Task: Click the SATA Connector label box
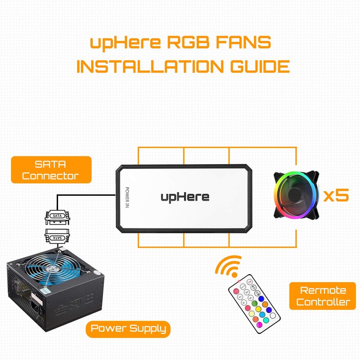[x=50, y=169]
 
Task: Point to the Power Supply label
[x=128, y=328]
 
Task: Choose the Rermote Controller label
[x=323, y=296]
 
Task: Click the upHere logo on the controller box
[x=185, y=197]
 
